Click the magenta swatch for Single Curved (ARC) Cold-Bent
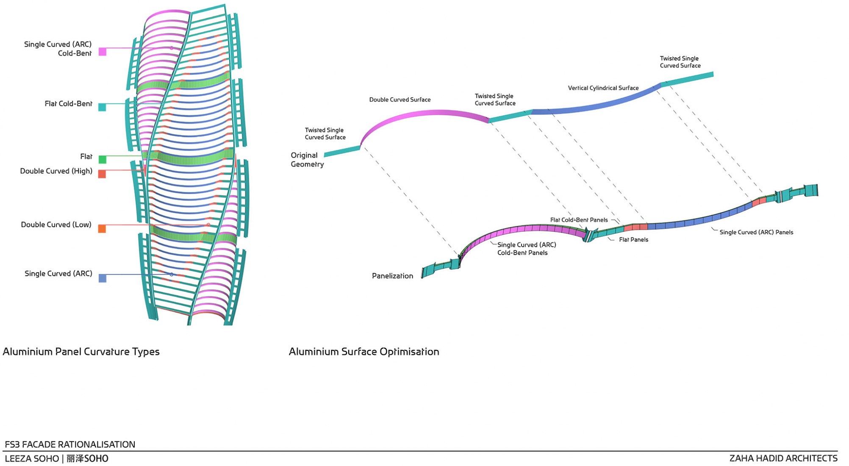(103, 52)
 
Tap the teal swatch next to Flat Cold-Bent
(102, 108)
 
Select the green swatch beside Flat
(102, 159)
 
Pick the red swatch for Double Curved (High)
(102, 174)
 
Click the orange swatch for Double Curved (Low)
(102, 229)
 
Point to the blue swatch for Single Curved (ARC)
(103, 278)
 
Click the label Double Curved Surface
(400, 100)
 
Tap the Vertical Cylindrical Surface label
(603, 88)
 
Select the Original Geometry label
(307, 160)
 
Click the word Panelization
(392, 276)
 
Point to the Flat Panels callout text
(634, 240)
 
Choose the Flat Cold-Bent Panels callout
(579, 220)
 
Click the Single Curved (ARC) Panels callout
(756, 232)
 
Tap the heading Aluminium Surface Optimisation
(364, 352)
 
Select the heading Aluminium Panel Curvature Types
(81, 352)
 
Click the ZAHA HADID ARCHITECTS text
(783, 458)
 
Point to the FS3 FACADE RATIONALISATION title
(70, 444)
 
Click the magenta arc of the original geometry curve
(424, 114)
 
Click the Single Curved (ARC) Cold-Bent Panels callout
(527, 249)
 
